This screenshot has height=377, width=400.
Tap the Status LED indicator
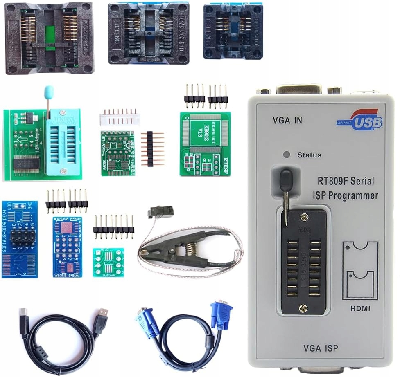(287, 155)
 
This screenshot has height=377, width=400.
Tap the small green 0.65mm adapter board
(108, 262)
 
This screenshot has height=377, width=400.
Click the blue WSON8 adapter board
(67, 247)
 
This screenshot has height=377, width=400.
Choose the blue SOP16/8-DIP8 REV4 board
(19, 239)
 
